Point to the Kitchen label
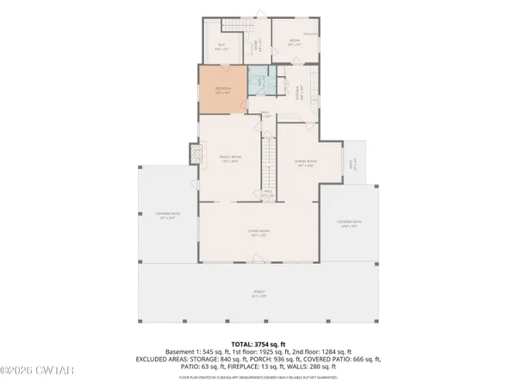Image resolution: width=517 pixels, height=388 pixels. coord(290,88)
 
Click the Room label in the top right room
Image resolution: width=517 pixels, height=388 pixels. coord(293,41)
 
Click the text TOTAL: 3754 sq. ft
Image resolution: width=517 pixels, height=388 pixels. coord(258,345)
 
